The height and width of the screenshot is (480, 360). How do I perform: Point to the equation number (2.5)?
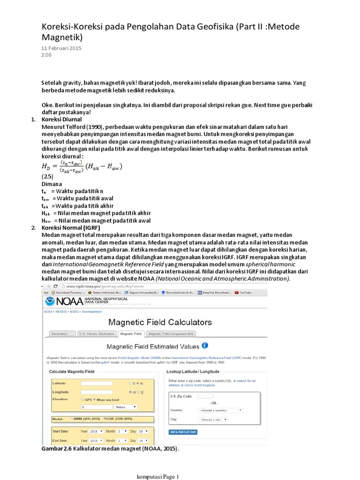coord(48,177)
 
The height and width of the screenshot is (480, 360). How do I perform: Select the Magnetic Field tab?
coord(131,334)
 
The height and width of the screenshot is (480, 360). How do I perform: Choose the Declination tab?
coord(62,334)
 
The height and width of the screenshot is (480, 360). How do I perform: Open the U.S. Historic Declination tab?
coord(96,334)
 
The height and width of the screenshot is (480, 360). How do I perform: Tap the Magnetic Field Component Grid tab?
coord(171,334)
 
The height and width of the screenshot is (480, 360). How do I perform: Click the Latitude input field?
coord(97,383)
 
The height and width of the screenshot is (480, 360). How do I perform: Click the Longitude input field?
coord(97,391)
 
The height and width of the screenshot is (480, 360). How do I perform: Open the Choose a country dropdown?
coord(220,410)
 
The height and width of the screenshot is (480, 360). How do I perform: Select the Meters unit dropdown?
coord(120,407)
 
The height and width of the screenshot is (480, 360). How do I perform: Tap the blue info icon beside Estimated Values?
coord(205,346)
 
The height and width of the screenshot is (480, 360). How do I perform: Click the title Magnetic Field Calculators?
coord(160,322)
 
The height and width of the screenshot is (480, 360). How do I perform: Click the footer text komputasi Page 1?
coord(157,477)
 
